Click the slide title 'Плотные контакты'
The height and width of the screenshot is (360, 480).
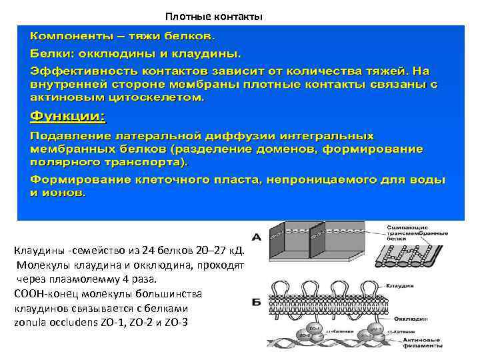[214, 15]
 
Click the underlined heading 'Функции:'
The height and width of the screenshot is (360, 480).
[67, 117]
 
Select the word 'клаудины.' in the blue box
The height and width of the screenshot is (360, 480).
[211, 51]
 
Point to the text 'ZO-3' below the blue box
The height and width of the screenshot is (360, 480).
[176, 323]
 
